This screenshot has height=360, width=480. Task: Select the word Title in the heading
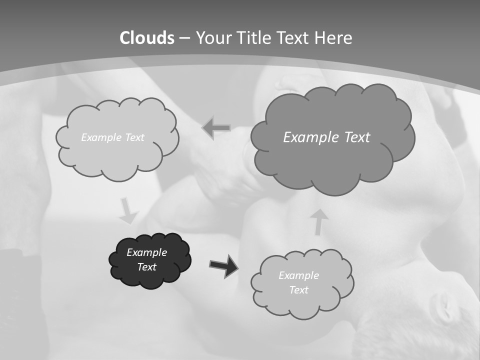(256, 38)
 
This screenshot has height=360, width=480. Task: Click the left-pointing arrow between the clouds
(216, 128)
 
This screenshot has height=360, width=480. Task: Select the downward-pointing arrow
(128, 211)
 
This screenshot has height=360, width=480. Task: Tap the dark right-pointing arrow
(223, 265)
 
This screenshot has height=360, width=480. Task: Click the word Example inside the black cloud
(146, 252)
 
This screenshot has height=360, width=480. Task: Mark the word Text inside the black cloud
(147, 267)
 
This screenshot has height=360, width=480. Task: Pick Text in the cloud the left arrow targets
(133, 137)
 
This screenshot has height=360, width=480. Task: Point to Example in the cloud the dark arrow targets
(298, 275)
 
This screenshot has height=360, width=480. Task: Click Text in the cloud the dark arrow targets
(298, 290)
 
